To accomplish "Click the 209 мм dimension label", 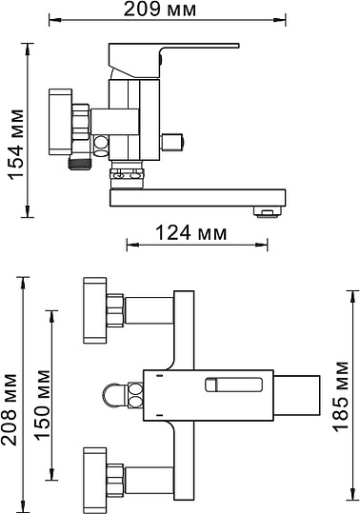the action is [x=160, y=10].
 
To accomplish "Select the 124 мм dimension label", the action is [x=190, y=233].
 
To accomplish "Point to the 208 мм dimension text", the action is [x=9, y=409].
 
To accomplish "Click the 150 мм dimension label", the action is [x=43, y=405].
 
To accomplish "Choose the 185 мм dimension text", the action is [x=340, y=397].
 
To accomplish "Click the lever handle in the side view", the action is [x=173, y=59].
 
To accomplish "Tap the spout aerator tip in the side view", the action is [x=268, y=212].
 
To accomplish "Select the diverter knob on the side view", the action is [x=172, y=141].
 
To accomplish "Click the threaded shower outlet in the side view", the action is [x=80, y=163].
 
